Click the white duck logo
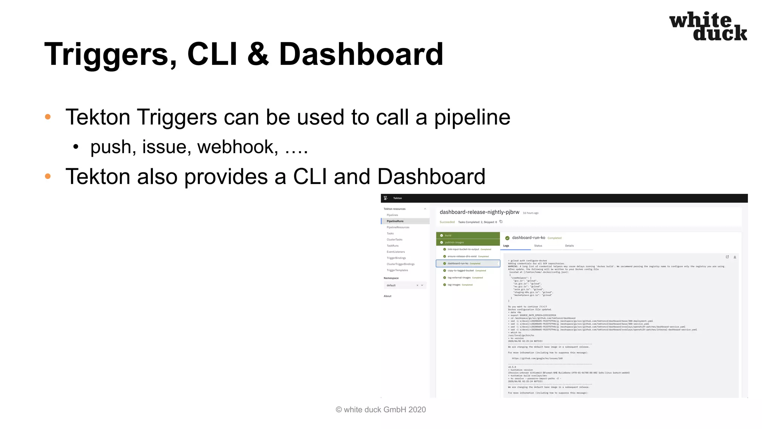(708, 26)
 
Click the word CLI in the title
(212, 54)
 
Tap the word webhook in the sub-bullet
(237, 147)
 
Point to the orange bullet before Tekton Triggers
(48, 117)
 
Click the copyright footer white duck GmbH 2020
(381, 410)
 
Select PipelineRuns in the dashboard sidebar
(395, 221)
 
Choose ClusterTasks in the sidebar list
(394, 239)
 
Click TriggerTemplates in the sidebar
(397, 270)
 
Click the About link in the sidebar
(387, 296)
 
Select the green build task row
(468, 235)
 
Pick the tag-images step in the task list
(454, 285)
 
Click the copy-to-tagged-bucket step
(461, 271)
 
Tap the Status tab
(538, 246)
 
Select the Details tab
(569, 246)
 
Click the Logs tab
(506, 246)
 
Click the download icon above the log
(735, 257)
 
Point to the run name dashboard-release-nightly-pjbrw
(479, 212)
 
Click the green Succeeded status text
(447, 222)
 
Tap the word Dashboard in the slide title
(361, 54)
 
